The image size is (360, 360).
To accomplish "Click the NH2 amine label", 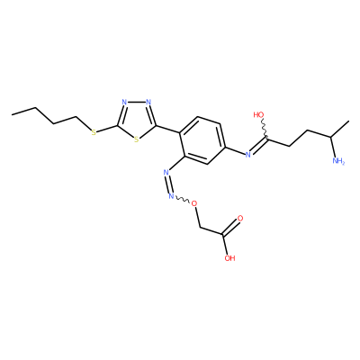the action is (338, 161).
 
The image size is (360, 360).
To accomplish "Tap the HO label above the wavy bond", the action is (258, 114).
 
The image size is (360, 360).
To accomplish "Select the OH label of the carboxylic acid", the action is (230, 258).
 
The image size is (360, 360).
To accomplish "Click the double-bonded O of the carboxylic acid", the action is (239, 218).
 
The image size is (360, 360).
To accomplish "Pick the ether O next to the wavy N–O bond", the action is (194, 204).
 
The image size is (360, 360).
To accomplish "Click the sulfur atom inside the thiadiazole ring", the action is (137, 139).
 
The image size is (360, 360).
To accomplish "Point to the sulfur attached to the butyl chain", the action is (94, 132).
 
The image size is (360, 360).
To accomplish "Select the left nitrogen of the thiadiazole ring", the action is (124, 102).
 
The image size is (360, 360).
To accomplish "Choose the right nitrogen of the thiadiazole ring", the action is (148, 102).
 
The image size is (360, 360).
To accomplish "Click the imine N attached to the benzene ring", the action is (247, 155).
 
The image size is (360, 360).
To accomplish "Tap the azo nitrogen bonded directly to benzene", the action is (166, 173).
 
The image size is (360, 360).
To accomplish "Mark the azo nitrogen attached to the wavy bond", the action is (171, 196).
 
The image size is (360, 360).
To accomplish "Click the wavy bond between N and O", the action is (183, 200).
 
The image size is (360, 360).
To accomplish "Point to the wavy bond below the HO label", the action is (265, 130).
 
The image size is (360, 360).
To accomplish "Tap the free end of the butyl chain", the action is (13, 114).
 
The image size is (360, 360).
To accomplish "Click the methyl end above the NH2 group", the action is (349, 121).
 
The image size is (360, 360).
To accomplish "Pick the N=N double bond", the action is (168, 184).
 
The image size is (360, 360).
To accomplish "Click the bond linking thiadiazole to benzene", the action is (167, 128).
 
